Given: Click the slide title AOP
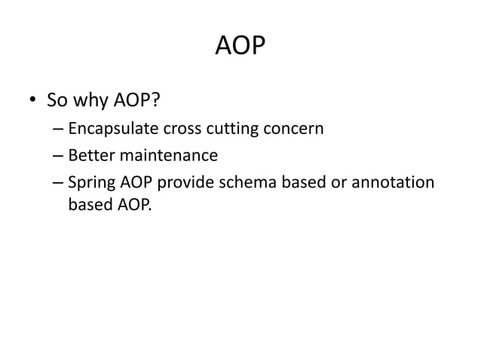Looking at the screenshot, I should coord(240,47).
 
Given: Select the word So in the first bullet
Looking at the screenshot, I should coord(57,100).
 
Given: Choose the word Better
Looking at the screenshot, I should coord(90,156).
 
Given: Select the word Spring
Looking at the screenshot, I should coord(90,184).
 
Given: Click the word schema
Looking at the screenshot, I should coord(253,183).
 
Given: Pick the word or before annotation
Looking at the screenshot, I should coord(348,183).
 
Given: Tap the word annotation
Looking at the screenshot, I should coord(397,183).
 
